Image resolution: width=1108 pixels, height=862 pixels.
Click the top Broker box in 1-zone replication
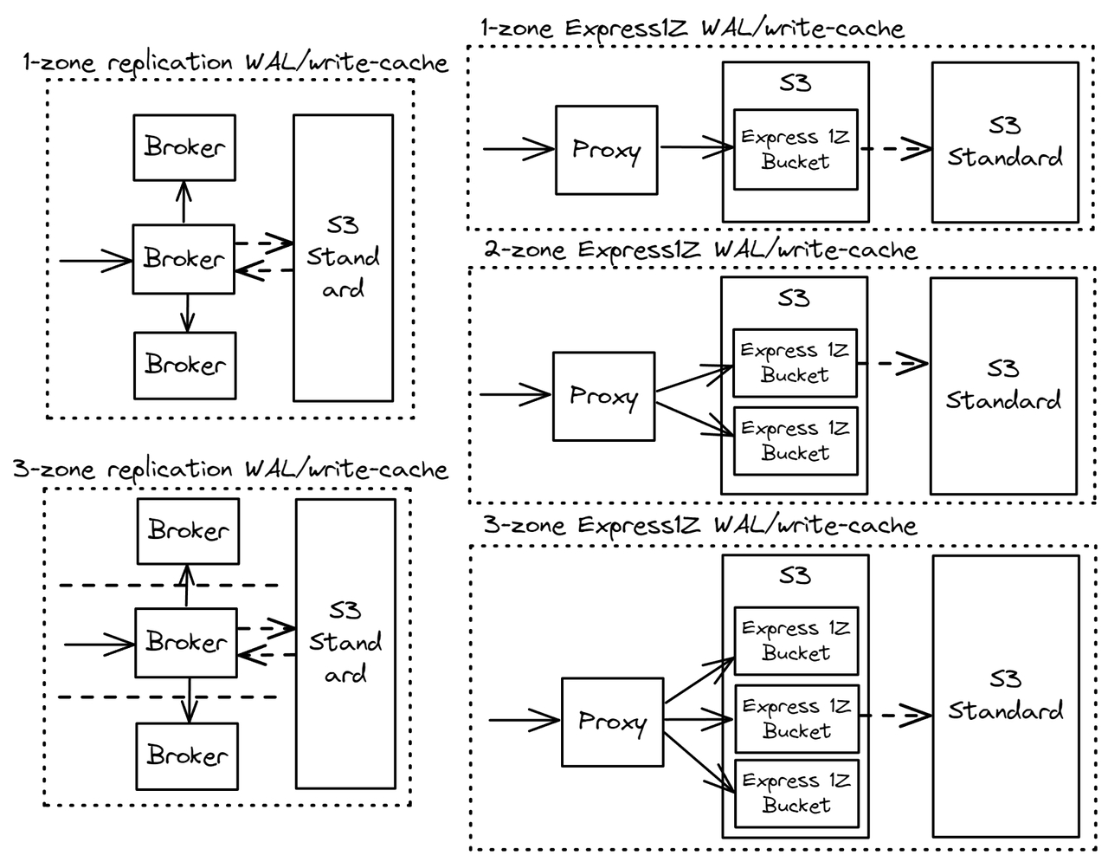click(184, 147)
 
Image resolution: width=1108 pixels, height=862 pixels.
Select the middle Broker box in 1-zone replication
click(184, 258)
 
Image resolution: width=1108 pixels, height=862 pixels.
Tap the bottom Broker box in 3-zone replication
click(187, 755)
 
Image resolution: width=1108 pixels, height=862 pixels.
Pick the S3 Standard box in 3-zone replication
click(345, 643)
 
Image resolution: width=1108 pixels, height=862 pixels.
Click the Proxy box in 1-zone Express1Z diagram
click(606, 150)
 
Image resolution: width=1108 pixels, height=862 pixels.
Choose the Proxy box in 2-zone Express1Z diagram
click(603, 396)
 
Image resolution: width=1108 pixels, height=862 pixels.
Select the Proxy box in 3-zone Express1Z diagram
click(612, 722)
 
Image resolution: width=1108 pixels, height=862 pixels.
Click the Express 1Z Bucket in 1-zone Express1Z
click(796, 149)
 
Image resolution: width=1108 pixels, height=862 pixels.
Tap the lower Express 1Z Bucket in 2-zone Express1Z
click(796, 441)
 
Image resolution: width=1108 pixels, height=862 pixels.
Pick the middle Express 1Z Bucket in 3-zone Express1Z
click(796, 719)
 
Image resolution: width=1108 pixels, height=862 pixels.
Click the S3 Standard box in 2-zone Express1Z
click(1003, 386)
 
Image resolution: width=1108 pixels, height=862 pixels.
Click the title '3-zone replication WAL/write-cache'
click(230, 470)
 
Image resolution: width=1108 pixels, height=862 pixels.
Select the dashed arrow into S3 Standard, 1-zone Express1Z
click(895, 148)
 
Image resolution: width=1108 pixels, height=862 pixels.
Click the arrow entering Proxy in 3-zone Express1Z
click(525, 720)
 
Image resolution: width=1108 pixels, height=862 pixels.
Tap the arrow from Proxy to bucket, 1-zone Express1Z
click(696, 148)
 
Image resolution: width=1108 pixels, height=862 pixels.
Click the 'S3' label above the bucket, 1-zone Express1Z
click(795, 83)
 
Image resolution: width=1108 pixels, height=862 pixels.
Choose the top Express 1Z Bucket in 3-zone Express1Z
click(796, 641)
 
